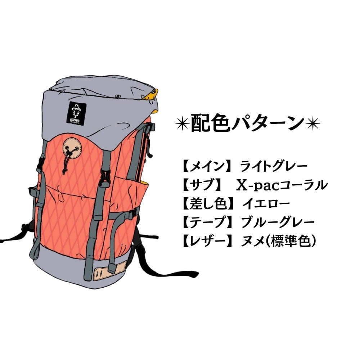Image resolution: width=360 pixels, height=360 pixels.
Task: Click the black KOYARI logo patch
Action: coord(76,113)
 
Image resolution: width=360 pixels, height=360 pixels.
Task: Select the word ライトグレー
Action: coord(274,167)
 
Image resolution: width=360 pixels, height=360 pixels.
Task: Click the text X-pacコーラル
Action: coord(282,185)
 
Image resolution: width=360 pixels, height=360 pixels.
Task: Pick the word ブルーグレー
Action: coord(278,222)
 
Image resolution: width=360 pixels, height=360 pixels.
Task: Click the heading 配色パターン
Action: coord(248,123)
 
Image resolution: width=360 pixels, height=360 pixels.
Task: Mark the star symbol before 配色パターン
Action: coord(183,123)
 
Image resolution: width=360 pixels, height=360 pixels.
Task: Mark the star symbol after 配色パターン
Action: coord(312,123)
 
